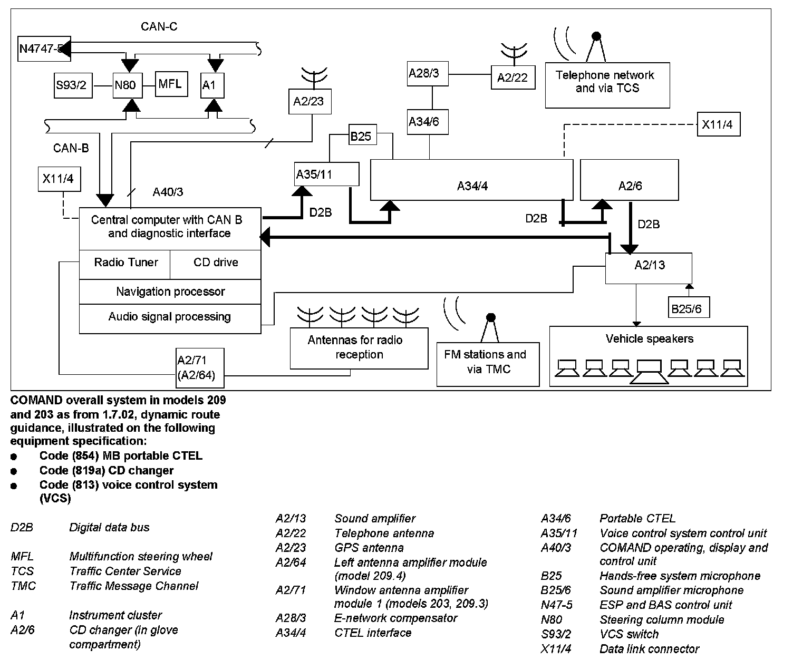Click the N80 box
tap(127, 85)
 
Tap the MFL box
tap(171, 83)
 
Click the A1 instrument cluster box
tap(213, 85)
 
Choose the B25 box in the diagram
tap(361, 136)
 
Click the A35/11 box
tap(326, 174)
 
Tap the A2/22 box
tap(512, 77)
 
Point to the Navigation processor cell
tap(170, 292)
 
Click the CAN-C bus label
tap(159, 26)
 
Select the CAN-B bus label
tap(71, 148)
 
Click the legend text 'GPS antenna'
tap(369, 548)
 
